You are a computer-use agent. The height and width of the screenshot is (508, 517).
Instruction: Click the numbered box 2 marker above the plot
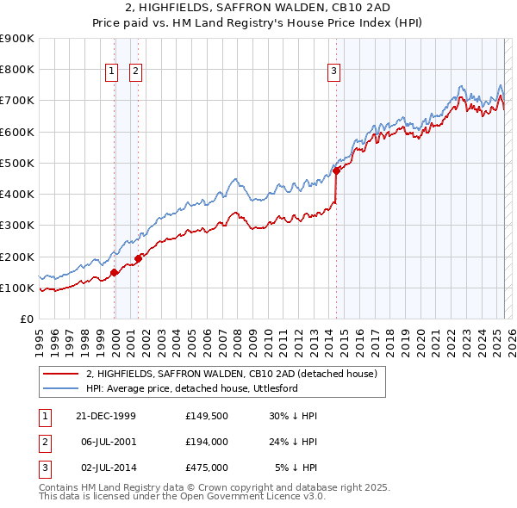pyautogui.click(x=136, y=72)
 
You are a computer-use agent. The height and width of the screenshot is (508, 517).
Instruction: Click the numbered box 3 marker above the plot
pyautogui.click(x=333, y=72)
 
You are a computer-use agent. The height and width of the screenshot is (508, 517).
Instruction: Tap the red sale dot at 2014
pyautogui.click(x=337, y=170)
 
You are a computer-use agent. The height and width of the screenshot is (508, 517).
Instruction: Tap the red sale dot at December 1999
pyautogui.click(x=115, y=273)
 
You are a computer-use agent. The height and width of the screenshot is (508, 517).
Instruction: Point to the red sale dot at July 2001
pyautogui.click(x=138, y=258)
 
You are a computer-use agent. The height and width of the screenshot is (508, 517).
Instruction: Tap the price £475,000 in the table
pyautogui.click(x=206, y=468)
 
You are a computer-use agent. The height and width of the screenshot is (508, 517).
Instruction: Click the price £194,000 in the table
pyautogui.click(x=206, y=442)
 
